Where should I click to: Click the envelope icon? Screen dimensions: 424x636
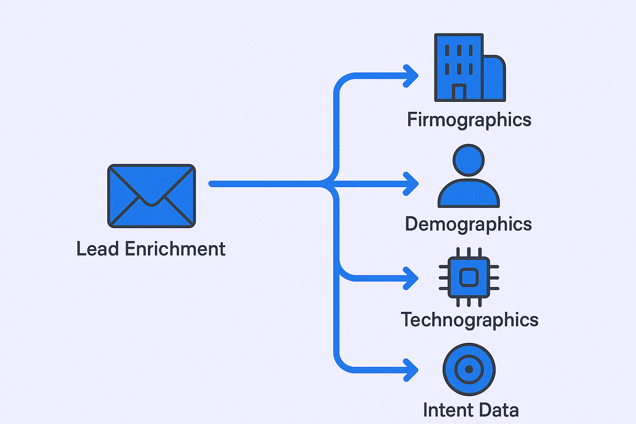tap(152, 196)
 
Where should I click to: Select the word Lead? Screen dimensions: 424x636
tap(98, 249)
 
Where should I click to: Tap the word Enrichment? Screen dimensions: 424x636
tap(175, 249)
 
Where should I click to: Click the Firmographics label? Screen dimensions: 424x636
tap(469, 120)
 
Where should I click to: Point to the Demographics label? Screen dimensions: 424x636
tap(468, 224)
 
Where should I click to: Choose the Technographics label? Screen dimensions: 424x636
tap(470, 320)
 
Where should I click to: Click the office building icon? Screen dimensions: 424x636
tap(470, 67)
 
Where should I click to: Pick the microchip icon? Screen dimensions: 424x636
tap(469, 277)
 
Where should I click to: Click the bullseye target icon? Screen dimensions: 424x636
tap(469, 369)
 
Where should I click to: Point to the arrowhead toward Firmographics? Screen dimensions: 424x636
tap(412, 76)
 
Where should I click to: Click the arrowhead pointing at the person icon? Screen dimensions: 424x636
tap(412, 183)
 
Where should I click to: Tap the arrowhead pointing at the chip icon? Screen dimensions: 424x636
tap(412, 278)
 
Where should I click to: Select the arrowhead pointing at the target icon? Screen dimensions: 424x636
tap(412, 370)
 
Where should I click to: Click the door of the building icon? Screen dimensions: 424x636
tap(458, 92)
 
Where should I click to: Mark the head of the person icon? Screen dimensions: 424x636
tap(469, 160)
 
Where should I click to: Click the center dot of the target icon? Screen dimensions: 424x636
tap(469, 369)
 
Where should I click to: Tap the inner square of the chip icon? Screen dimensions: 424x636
tap(469, 277)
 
